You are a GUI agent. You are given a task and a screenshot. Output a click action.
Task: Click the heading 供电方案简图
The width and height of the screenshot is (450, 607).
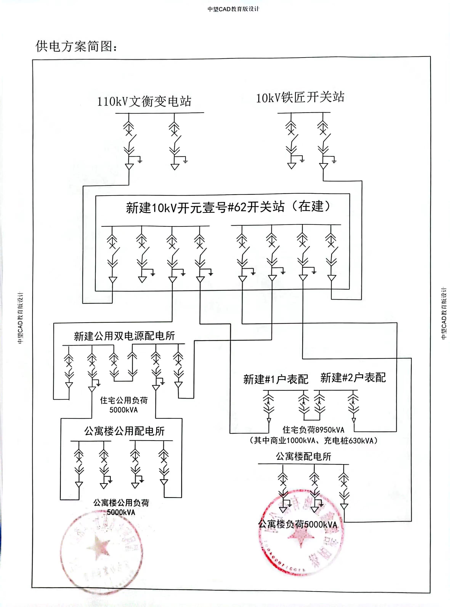click(x=77, y=46)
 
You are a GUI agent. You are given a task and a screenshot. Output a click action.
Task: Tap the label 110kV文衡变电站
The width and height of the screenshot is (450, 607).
click(x=144, y=101)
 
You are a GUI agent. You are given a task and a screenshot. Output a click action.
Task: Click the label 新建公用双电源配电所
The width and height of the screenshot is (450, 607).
click(x=124, y=336)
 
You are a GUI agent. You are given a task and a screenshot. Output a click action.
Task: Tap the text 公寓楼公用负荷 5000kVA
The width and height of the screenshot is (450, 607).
click(x=121, y=507)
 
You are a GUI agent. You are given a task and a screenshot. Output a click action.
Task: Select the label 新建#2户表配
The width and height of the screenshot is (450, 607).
click(x=353, y=378)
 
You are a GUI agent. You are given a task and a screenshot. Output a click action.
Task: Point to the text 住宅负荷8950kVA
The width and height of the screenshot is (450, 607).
click(x=314, y=430)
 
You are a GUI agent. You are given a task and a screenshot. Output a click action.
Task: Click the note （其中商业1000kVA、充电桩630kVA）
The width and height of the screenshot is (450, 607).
click(x=314, y=440)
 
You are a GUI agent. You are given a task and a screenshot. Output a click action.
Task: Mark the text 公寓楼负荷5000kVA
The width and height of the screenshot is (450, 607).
click(x=298, y=524)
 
